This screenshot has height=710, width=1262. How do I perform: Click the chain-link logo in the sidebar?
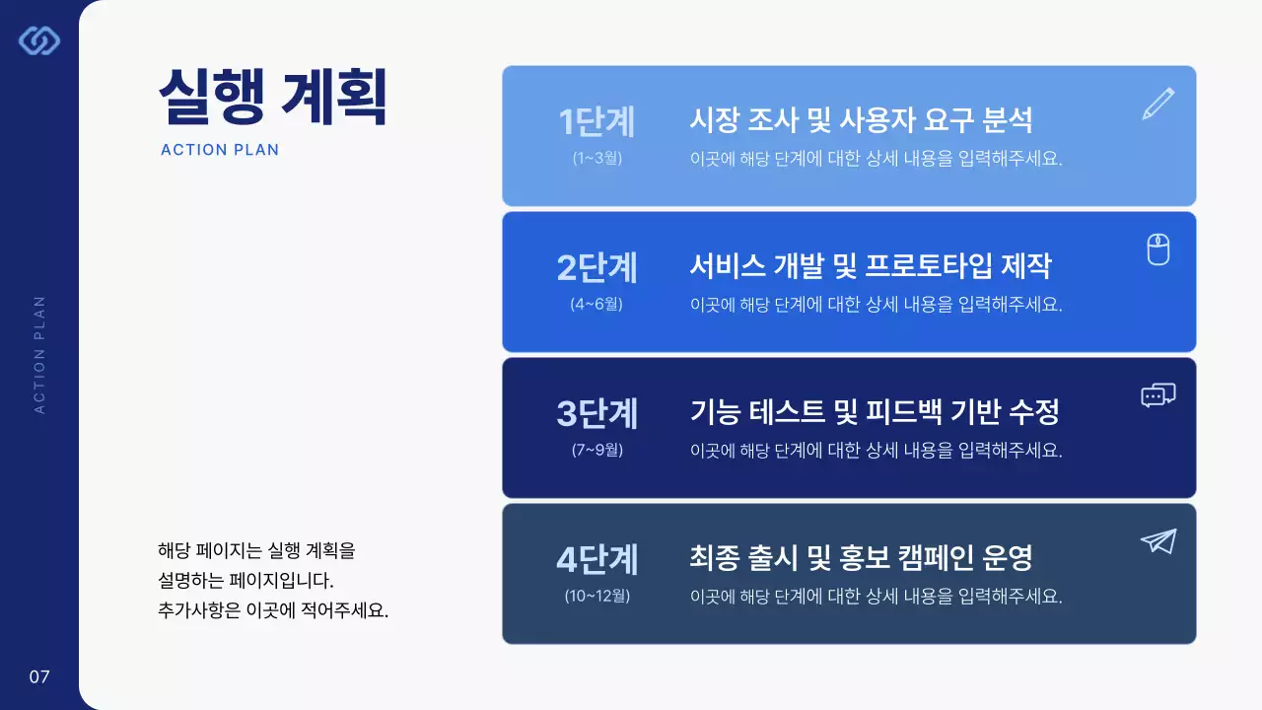coord(39,40)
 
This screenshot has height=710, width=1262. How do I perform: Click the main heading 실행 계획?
coord(272,96)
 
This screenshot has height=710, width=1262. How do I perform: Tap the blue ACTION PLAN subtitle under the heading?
coord(220,150)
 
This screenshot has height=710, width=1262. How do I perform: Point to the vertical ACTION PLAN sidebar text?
coord(40,354)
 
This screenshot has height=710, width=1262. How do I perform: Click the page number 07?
coord(39,676)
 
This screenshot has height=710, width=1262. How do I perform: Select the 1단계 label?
coord(596,122)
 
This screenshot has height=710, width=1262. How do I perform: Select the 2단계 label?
coord(596,268)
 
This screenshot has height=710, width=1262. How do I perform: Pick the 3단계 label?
coord(596,414)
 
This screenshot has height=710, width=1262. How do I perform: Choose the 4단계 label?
coord(596,560)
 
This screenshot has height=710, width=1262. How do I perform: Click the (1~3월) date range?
coord(596,158)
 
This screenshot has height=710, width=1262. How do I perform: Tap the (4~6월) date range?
coord(596,304)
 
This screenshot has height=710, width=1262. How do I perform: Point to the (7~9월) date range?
coord(596,450)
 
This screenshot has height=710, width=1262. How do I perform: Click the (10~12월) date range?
coord(596,596)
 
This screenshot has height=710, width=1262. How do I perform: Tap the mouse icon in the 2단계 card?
coord(1158,249)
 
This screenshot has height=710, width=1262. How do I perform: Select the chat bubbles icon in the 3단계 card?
coord(1157,395)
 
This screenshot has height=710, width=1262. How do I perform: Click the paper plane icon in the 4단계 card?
coord(1157,541)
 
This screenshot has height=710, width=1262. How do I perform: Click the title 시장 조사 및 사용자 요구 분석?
coord(861,121)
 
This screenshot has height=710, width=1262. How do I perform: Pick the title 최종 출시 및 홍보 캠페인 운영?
coord(861,559)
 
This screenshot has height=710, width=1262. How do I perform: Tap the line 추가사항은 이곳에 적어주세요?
coord(273,609)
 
